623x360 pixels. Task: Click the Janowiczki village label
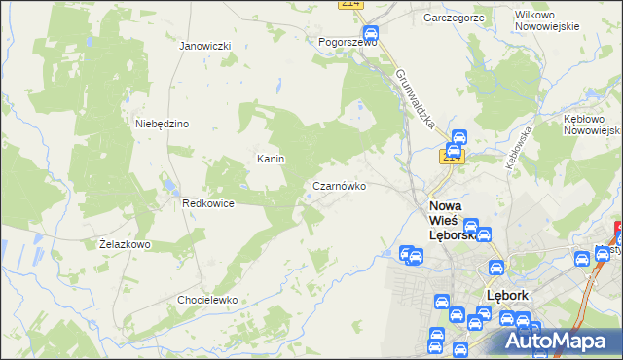pyautogui.click(x=204, y=46)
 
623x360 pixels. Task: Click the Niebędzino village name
pyautogui.click(x=162, y=124)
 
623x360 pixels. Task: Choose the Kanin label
pyautogui.click(x=270, y=159)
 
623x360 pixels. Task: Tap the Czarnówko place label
pyautogui.click(x=339, y=186)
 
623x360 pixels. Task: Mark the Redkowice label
pyautogui.click(x=206, y=203)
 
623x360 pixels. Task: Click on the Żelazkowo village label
pyautogui.click(x=125, y=244)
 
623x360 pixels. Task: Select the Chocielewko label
pyautogui.click(x=207, y=300)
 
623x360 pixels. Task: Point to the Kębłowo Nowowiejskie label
pyautogui.click(x=592, y=124)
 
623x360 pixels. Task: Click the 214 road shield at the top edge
pyautogui.click(x=351, y=4)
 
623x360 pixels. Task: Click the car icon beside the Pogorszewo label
pyautogui.click(x=372, y=31)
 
